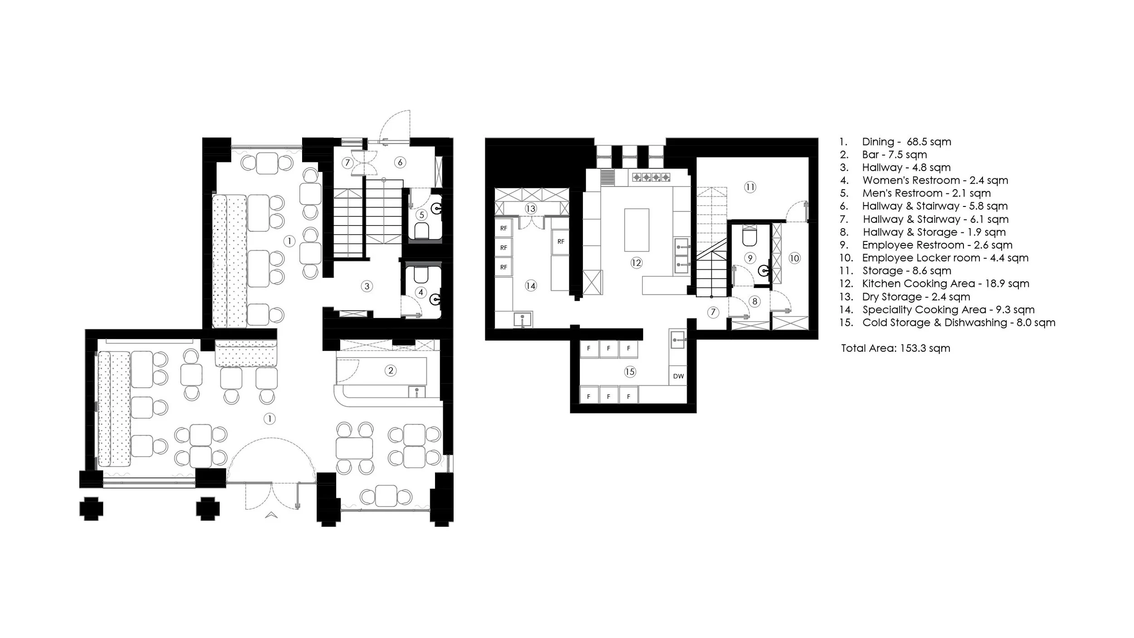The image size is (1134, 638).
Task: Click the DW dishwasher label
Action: point(678,376)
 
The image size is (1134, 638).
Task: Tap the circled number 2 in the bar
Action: point(391,370)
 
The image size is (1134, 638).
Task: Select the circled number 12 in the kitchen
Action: point(636,263)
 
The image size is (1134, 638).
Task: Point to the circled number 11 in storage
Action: point(750,187)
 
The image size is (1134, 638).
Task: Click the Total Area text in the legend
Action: point(895,348)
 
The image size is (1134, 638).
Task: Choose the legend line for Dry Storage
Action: point(916,297)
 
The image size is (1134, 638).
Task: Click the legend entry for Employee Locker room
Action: point(945,258)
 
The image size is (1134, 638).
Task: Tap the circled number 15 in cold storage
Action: point(630,372)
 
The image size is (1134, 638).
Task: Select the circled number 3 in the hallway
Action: point(367,286)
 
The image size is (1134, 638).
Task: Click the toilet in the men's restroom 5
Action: point(421,231)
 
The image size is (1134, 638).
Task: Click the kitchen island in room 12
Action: point(636,230)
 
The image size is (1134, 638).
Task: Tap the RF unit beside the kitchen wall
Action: point(561,241)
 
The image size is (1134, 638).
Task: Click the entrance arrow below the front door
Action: point(271,514)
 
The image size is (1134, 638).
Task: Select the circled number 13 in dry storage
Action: point(530,209)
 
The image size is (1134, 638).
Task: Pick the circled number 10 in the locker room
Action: point(794,258)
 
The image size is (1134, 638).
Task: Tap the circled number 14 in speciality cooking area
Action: point(530,285)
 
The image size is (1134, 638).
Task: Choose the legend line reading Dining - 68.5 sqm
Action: point(906,142)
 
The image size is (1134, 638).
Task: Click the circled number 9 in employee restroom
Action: point(750,258)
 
